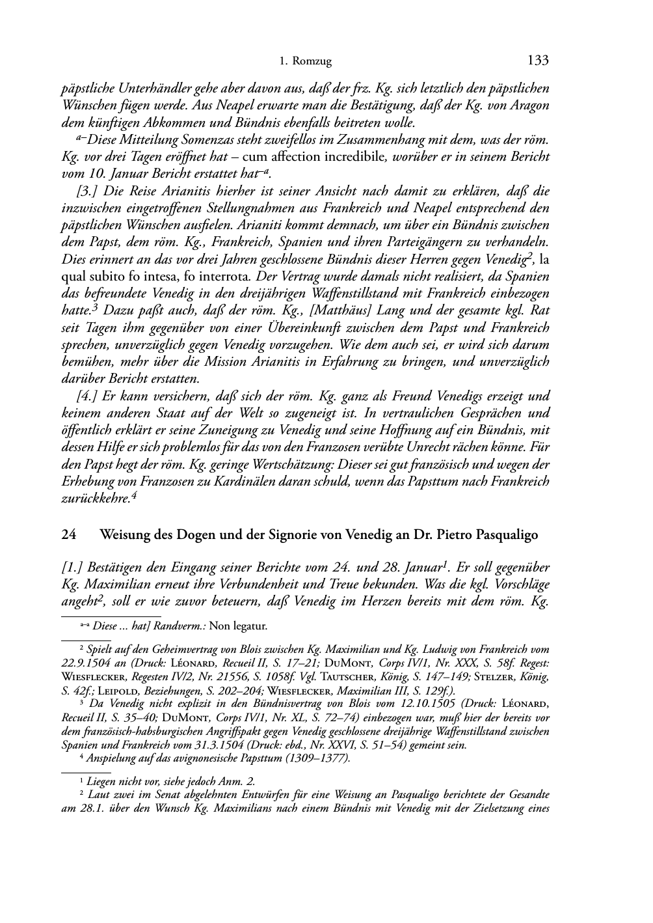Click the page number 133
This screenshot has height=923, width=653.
pyautogui.click(x=538, y=61)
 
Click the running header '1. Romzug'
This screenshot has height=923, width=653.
pyautogui.click(x=305, y=62)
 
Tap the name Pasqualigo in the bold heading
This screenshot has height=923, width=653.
pyautogui.click(x=507, y=536)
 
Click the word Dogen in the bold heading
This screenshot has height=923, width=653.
pyautogui.click(x=180, y=536)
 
